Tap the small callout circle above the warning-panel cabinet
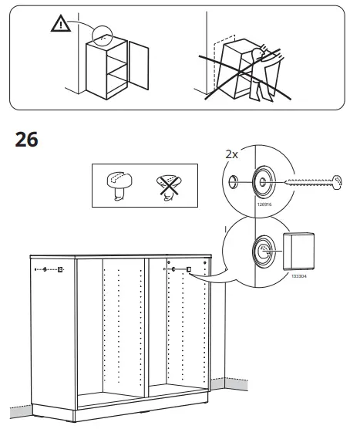pos(100,35)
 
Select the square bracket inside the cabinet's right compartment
pos(187,269)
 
